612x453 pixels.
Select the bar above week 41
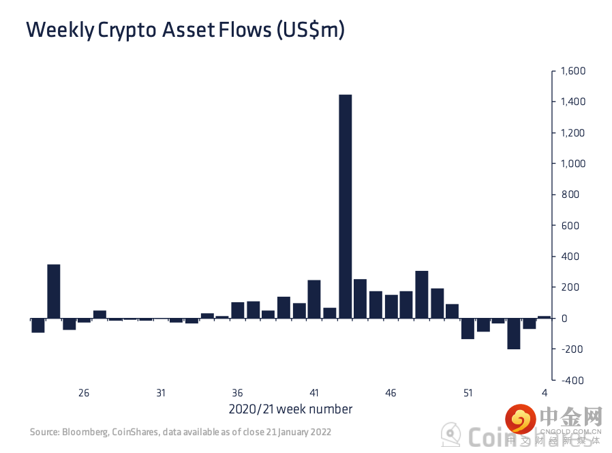click(314, 299)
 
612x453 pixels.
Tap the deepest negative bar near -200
click(513, 334)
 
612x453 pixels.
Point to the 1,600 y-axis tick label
click(572, 71)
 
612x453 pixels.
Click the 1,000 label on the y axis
click(572, 164)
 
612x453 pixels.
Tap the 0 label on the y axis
click(563, 319)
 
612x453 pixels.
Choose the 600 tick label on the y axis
click(568, 226)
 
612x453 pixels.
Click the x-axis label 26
click(84, 393)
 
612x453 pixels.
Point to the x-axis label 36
click(237, 393)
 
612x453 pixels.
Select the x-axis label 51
click(468, 393)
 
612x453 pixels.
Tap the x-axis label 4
click(545, 393)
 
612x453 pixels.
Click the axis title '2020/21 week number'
click(290, 409)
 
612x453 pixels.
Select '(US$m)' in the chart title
click(311, 30)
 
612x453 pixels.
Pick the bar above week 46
click(391, 306)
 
